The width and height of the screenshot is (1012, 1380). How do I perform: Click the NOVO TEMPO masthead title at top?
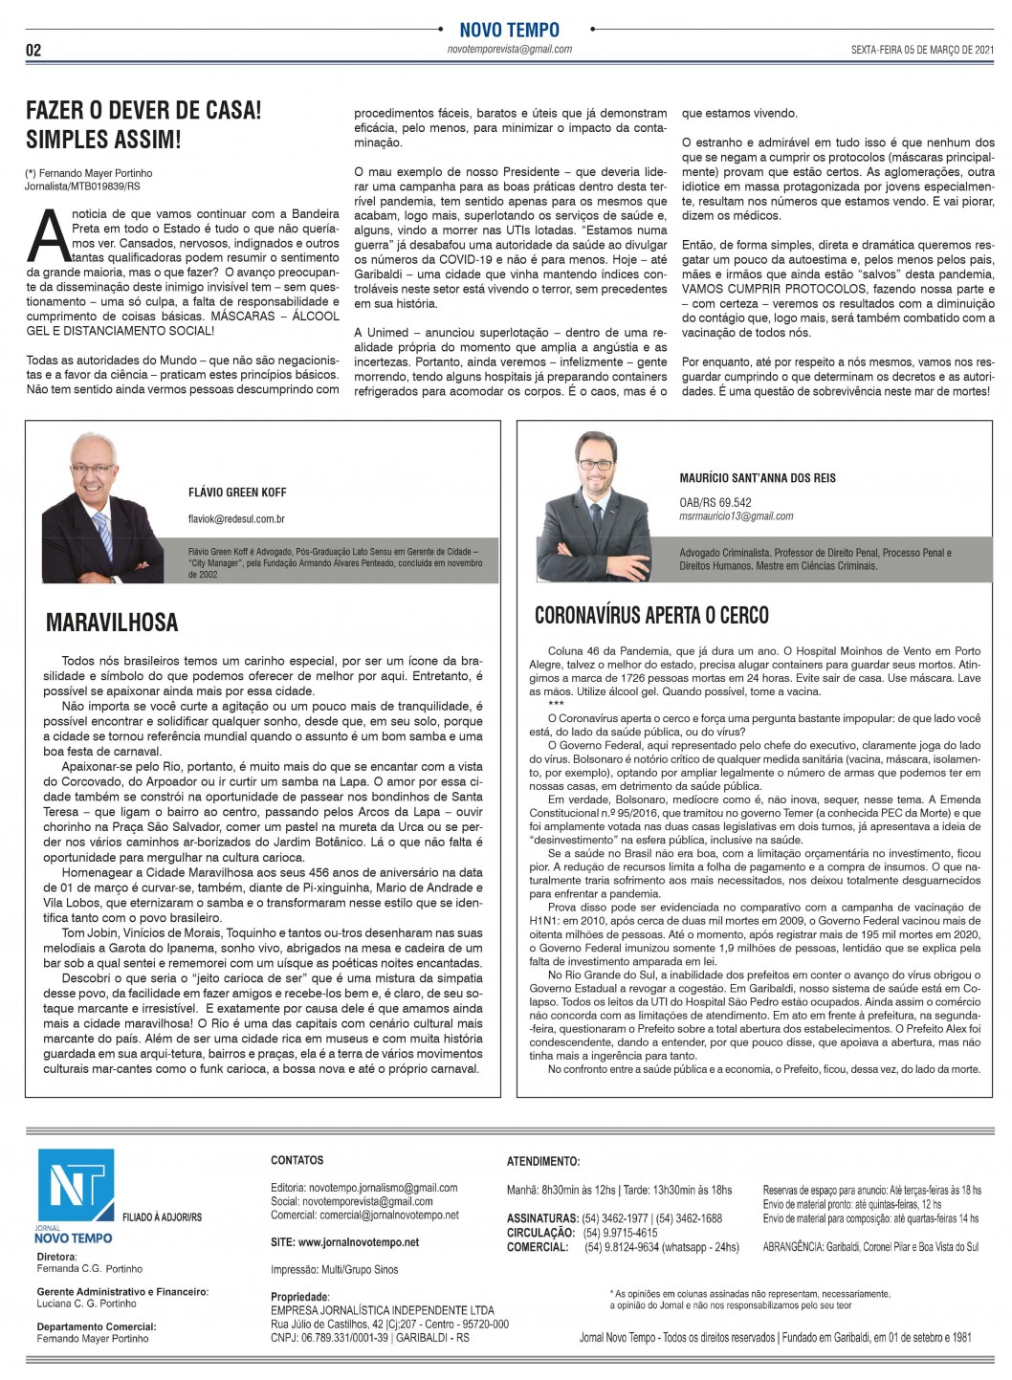click(509, 30)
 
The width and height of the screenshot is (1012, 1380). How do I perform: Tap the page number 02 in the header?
click(33, 51)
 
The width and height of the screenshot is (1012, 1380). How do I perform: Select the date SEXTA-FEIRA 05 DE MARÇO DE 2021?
click(923, 51)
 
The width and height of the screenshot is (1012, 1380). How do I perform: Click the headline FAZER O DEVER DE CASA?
click(143, 110)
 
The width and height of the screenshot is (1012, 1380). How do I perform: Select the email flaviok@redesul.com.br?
click(236, 519)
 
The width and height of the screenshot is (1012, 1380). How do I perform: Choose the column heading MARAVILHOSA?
click(112, 623)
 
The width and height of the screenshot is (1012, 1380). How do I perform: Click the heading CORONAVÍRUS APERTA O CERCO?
click(651, 615)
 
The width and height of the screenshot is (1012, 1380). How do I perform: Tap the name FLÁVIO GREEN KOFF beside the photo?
click(237, 493)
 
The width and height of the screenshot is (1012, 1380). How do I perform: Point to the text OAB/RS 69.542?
click(715, 502)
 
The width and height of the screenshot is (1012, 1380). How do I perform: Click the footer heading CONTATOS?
click(297, 1160)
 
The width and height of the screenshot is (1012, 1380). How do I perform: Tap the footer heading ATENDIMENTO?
click(542, 1161)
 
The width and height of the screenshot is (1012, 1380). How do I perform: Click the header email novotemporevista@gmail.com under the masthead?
click(509, 50)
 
